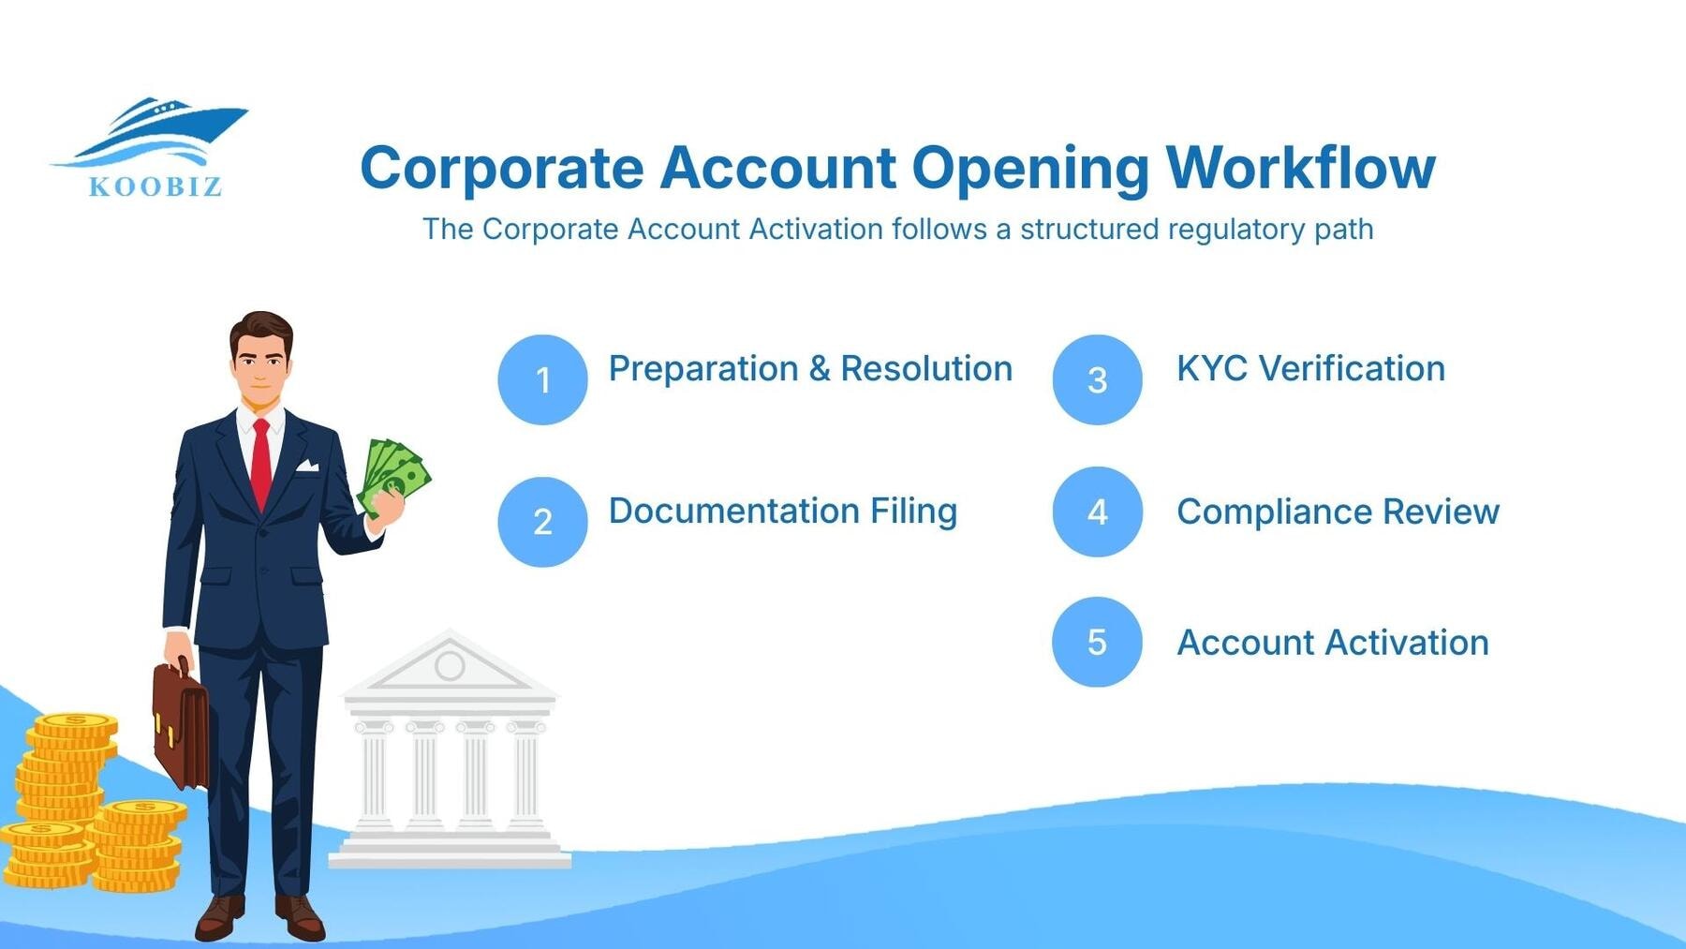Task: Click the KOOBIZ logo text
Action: [x=155, y=186]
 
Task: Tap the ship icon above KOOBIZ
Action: [x=159, y=131]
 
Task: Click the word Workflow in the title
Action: [x=1300, y=168]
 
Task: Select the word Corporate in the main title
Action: [x=502, y=169]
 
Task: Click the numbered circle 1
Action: [x=542, y=379]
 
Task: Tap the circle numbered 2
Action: [x=542, y=522]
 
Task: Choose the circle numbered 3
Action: [x=1097, y=379]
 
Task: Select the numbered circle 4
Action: [x=1097, y=512]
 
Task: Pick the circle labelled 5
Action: [x=1097, y=642]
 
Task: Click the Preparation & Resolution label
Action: [x=810, y=369]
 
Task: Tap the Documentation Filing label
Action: [x=783, y=512]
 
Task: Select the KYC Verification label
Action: [x=1310, y=369]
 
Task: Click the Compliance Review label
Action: [x=1338, y=512]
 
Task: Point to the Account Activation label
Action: [x=1332, y=643]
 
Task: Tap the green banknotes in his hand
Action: [x=393, y=475]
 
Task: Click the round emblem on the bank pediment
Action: [x=450, y=665]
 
